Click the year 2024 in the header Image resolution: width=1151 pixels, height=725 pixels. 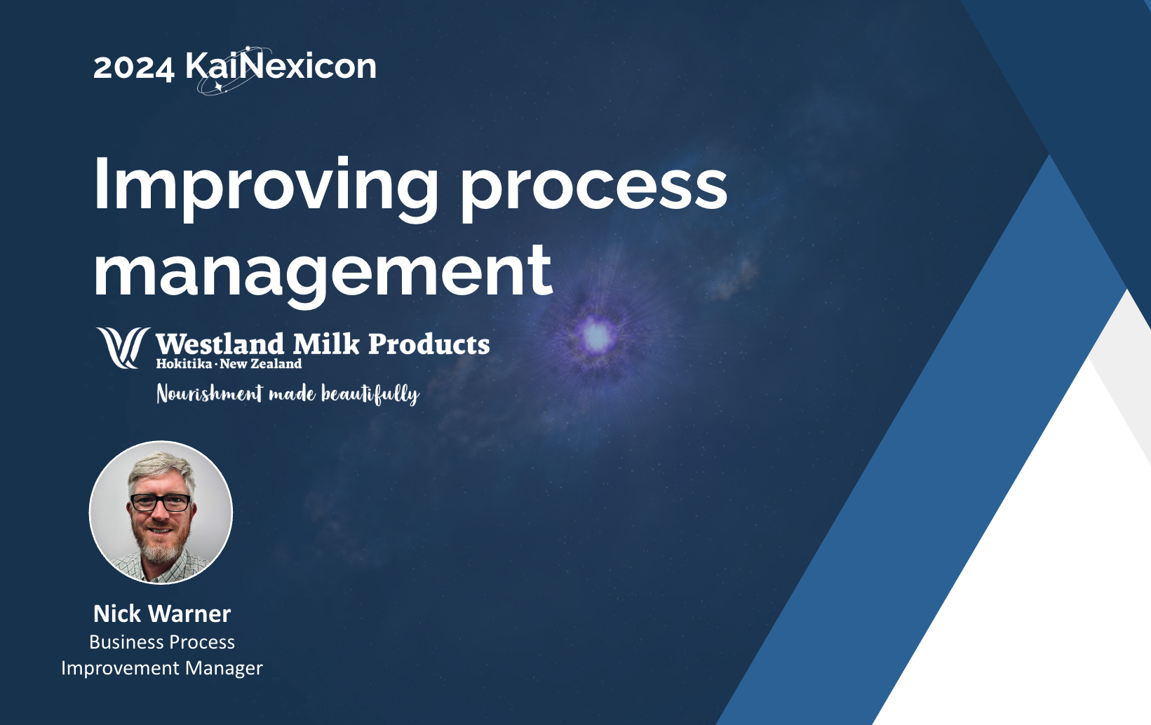133,67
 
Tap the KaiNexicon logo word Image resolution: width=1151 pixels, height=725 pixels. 281,67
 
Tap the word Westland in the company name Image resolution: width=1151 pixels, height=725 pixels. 220,344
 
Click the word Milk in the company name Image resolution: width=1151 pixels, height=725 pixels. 326,344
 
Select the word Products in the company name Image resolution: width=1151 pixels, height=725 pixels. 429,344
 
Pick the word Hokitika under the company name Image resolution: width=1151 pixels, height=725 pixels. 184,364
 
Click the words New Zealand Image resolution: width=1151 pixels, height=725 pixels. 260,364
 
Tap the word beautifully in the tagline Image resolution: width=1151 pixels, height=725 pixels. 370,395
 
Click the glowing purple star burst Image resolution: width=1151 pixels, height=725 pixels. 596,335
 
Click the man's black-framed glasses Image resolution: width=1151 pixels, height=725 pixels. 161,503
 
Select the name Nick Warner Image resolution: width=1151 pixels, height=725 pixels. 162,614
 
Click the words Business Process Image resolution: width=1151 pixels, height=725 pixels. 162,642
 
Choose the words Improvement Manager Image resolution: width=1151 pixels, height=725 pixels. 162,668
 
